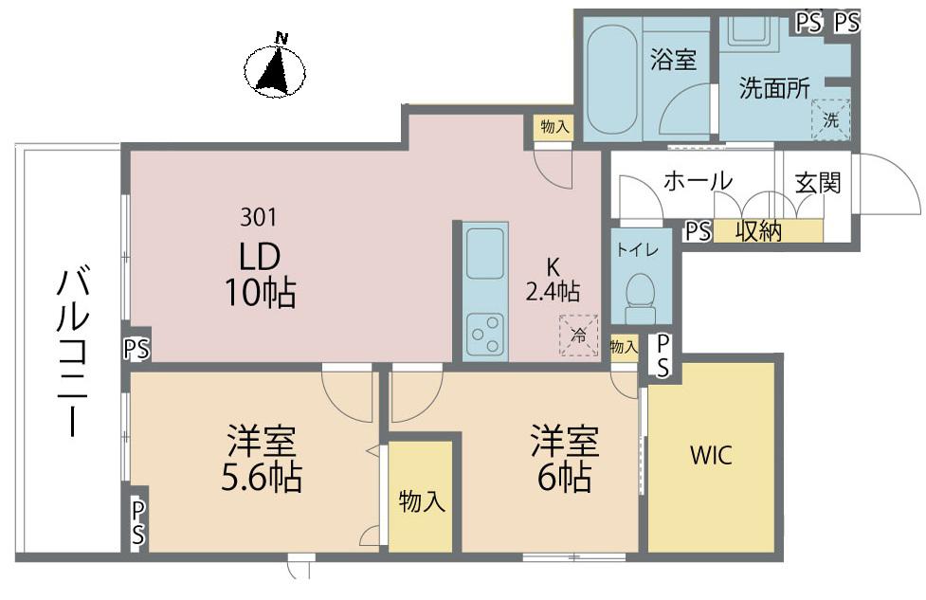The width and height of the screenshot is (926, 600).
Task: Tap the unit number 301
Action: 258,217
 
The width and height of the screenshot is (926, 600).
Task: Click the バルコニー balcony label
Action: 73,353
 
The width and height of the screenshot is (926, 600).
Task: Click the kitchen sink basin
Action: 485,253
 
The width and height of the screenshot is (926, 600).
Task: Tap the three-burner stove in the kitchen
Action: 485,335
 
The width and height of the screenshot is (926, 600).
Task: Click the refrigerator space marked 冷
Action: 579,336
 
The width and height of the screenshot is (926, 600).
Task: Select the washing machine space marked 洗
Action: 830,119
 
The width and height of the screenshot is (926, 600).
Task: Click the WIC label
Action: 711,455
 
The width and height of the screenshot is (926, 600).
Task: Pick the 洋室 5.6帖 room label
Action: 262,459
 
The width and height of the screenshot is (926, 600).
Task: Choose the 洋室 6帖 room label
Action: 565,459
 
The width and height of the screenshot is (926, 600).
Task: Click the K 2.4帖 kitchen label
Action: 553,280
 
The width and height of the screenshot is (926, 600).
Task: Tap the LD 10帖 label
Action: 260,275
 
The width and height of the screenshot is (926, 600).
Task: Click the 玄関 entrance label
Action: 817,183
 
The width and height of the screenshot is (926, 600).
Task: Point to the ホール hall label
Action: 698,181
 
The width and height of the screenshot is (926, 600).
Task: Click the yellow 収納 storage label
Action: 759,231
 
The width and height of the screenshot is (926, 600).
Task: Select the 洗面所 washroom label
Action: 774,88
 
